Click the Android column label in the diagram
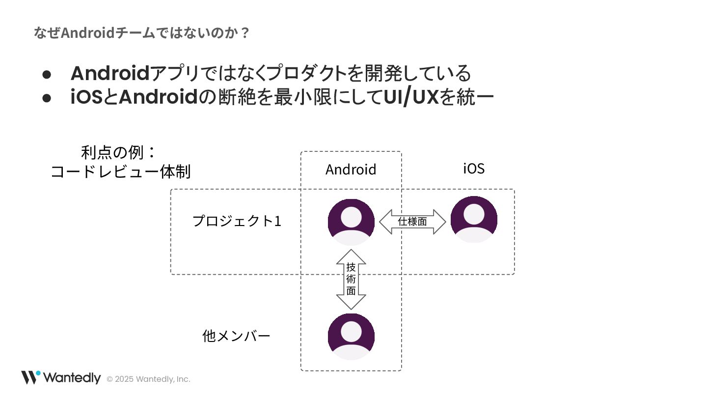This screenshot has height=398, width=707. [x=351, y=170]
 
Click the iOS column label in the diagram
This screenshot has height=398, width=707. [x=474, y=169]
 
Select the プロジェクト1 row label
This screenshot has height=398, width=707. [x=237, y=221]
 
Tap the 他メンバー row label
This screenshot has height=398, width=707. [x=236, y=336]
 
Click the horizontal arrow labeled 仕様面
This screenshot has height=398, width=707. [x=412, y=222]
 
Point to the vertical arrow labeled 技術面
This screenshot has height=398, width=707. [x=351, y=279]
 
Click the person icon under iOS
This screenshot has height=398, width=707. [x=474, y=220]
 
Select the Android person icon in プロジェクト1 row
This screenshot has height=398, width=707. [x=351, y=222]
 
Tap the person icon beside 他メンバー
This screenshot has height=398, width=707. [x=351, y=337]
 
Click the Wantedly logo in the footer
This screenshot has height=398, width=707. [x=61, y=377]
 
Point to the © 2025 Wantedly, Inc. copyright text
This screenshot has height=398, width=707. [x=148, y=379]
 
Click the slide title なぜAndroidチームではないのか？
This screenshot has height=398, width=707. [x=142, y=33]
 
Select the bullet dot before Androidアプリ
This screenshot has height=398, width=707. [x=47, y=74]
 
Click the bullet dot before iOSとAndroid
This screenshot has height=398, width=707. [x=47, y=98]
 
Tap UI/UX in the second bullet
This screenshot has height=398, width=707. [x=411, y=98]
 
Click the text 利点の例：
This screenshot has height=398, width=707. [x=118, y=152]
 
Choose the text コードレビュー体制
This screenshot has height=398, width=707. [x=121, y=172]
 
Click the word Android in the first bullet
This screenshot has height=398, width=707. [x=110, y=74]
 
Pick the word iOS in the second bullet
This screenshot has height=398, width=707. [x=86, y=98]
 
